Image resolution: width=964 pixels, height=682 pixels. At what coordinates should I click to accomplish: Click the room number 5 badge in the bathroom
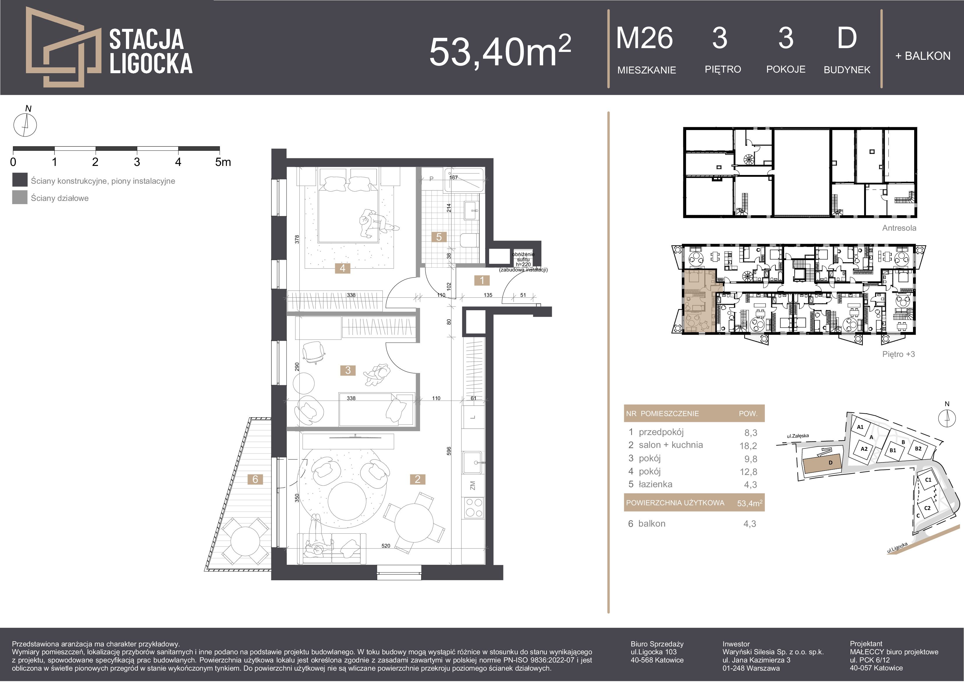(439, 237)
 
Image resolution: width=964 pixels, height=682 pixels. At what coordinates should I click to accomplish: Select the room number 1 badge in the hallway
(482, 280)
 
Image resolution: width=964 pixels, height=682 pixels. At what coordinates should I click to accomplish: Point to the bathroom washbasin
(471, 210)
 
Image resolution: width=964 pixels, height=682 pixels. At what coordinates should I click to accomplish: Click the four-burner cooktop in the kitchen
(473, 508)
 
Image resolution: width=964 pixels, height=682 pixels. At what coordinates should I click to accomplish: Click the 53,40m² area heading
(500, 51)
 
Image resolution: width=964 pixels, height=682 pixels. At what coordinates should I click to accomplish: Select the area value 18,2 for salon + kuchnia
(748, 446)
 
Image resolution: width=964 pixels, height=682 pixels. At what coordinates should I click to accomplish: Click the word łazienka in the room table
(655, 484)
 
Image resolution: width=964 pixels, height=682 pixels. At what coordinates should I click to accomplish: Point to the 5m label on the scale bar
(223, 162)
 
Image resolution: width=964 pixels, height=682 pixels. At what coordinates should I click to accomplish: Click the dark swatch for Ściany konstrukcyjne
(20, 180)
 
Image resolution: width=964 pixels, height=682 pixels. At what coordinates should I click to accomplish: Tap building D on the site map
(822, 464)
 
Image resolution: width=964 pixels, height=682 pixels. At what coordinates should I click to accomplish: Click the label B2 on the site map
(918, 448)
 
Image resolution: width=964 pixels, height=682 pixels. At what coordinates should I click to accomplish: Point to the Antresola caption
(899, 228)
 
